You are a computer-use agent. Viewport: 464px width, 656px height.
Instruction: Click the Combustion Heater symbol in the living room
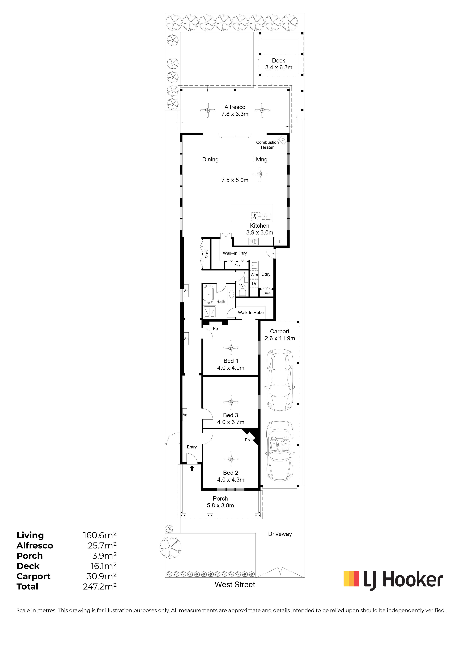(283, 140)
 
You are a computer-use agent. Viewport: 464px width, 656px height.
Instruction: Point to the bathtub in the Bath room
(208, 294)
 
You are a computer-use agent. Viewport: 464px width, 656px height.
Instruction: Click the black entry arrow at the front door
(192, 468)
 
